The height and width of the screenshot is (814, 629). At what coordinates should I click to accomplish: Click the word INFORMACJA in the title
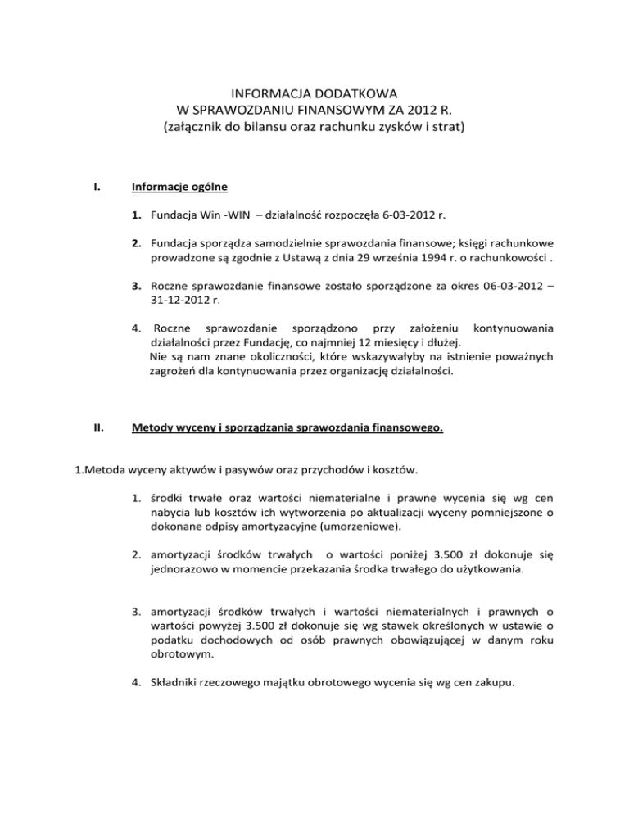(x=258, y=93)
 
